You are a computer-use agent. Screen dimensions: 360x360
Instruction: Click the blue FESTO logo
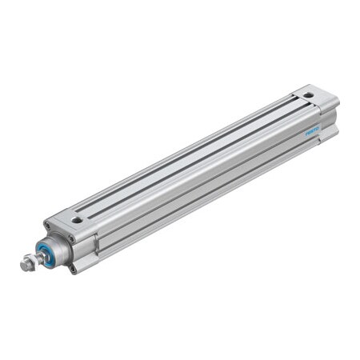tap(313, 129)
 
